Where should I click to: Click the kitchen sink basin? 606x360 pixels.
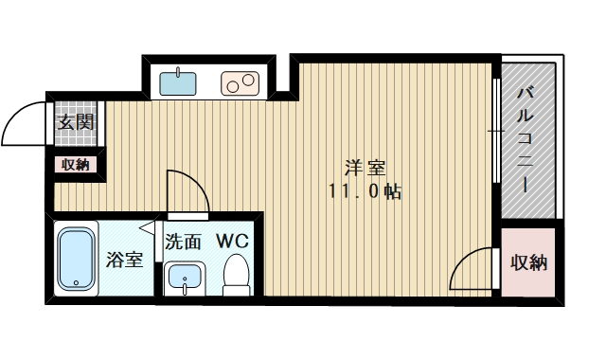pos(177,82)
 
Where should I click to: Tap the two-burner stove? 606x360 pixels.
pos(240,83)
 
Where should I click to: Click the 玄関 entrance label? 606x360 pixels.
pos(72,122)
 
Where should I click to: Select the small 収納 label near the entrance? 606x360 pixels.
pos(75,165)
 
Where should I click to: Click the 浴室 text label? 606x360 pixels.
pos(124,259)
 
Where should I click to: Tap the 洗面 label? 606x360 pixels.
pos(183,242)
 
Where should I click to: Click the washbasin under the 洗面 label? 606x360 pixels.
pos(182,279)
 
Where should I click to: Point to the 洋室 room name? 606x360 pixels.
pos(364,169)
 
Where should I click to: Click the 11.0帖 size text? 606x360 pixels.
pos(364,191)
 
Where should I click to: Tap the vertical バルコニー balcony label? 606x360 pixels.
pos(526,137)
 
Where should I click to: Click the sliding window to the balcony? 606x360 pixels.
pos(495,133)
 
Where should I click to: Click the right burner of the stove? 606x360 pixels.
pos(249,80)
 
